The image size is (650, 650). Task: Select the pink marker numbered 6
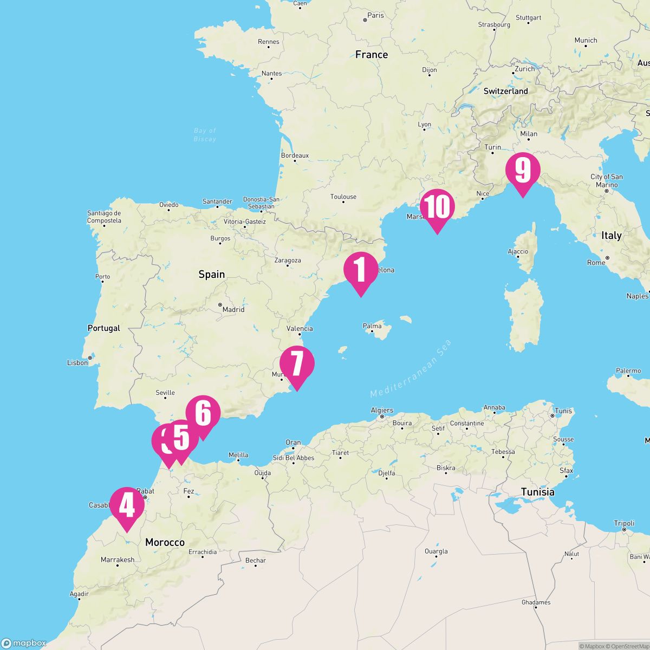click(x=203, y=413)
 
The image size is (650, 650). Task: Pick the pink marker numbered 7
click(x=297, y=363)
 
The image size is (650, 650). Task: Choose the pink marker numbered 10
click(x=437, y=206)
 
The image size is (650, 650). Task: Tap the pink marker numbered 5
click(x=182, y=438)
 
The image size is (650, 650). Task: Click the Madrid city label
click(x=233, y=309)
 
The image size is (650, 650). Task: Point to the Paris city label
click(x=375, y=15)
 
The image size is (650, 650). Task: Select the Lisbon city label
click(x=77, y=362)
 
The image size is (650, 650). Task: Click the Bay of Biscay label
click(x=205, y=135)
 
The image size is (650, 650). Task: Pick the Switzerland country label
click(x=505, y=91)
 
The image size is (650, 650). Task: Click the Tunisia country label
click(x=537, y=492)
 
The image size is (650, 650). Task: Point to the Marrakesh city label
click(x=118, y=560)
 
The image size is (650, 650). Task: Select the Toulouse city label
click(x=344, y=197)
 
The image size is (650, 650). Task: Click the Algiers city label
click(x=382, y=411)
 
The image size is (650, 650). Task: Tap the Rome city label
click(x=596, y=263)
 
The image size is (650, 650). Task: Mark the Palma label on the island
click(x=372, y=326)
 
